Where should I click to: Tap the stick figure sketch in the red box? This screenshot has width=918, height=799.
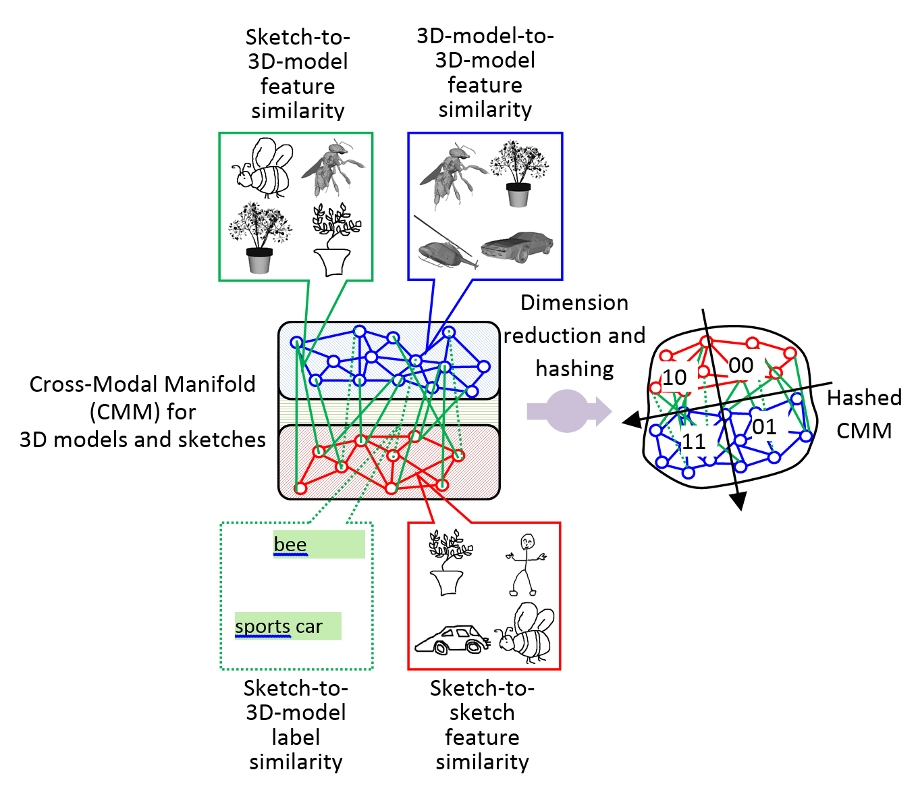(525, 564)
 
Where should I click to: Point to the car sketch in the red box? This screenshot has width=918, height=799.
(451, 639)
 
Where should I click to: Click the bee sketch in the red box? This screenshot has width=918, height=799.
(527, 632)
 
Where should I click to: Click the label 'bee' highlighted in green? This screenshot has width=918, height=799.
(290, 544)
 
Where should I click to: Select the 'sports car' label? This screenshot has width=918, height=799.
(279, 626)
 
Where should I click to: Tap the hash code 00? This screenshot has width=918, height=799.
(741, 365)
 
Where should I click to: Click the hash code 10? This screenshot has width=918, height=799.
(674, 378)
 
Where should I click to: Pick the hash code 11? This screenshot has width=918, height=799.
(694, 442)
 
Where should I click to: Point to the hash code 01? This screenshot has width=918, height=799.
(764, 427)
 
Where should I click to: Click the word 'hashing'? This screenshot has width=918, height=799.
(574, 369)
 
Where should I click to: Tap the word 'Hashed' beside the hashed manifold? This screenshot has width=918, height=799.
(864, 398)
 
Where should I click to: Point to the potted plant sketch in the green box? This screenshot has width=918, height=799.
(335, 240)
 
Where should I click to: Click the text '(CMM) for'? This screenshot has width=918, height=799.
(143, 411)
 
